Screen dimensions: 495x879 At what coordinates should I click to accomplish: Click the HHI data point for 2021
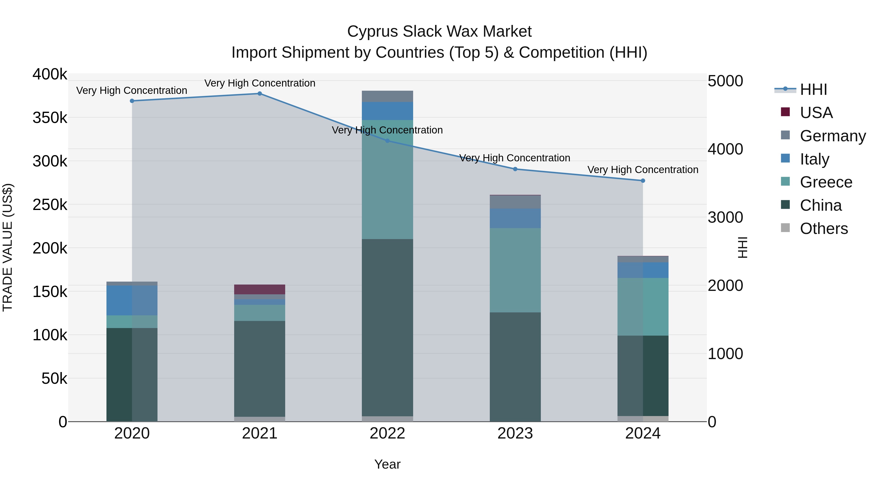pyautogui.click(x=260, y=94)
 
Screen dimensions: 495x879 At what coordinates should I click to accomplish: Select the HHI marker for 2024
pyautogui.click(x=643, y=181)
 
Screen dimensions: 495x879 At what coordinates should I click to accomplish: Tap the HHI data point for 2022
pyautogui.click(x=387, y=141)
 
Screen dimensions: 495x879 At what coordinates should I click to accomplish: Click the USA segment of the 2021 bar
pyautogui.click(x=260, y=289)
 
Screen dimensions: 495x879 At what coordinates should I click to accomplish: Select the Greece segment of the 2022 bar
pyautogui.click(x=387, y=179)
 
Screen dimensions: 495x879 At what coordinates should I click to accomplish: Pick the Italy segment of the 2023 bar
pyautogui.click(x=515, y=218)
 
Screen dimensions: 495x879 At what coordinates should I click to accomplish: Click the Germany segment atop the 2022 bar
pyautogui.click(x=387, y=96)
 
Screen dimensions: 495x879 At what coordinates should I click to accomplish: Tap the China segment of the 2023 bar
pyautogui.click(x=515, y=367)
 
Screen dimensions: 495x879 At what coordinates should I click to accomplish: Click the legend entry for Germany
pyautogui.click(x=833, y=136)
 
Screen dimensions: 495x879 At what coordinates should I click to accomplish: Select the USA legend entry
pyautogui.click(x=816, y=113)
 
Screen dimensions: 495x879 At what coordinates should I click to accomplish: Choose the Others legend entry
pyautogui.click(x=824, y=229)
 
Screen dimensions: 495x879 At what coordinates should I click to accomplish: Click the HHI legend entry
pyautogui.click(x=814, y=89)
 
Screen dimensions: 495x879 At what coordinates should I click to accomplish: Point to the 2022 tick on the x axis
pyautogui.click(x=387, y=433)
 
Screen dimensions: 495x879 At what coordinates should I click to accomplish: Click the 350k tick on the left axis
pyautogui.click(x=50, y=118)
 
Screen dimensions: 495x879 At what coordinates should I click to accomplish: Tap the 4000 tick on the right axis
pyautogui.click(x=725, y=149)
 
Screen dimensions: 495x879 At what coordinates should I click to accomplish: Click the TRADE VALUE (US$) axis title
pyautogui.click(x=8, y=247)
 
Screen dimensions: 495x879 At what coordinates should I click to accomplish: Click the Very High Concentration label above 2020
pyautogui.click(x=132, y=90)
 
